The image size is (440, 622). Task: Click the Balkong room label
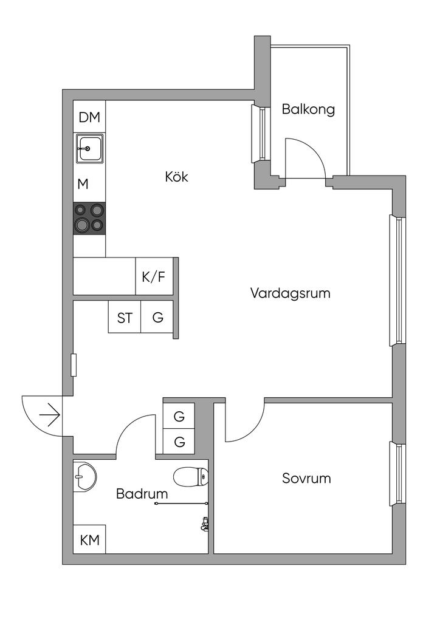(308, 110)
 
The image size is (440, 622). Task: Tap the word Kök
(176, 177)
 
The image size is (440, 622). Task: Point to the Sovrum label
(306, 478)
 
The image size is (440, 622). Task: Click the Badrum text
(142, 494)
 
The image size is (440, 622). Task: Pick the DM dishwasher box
(89, 118)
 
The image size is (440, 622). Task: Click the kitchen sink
(89, 148)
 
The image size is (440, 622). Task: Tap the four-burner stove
(89, 218)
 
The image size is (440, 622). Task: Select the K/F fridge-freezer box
(153, 278)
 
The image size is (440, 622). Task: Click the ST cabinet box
(125, 317)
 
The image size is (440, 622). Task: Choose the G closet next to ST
(157, 317)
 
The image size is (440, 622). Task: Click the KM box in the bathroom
(89, 539)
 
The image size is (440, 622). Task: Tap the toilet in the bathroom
(191, 477)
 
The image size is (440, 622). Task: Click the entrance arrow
(49, 416)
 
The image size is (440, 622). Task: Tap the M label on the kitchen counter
(83, 184)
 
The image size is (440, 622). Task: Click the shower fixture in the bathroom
(205, 524)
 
